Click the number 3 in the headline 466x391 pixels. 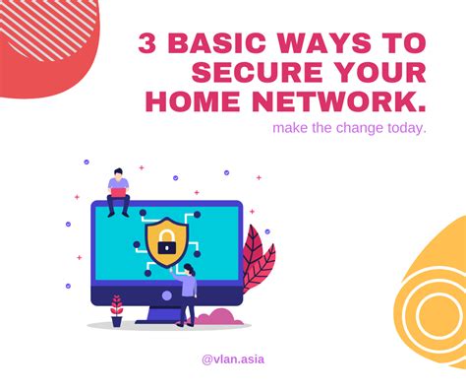pyautogui.click(x=149, y=44)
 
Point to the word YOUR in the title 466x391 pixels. pyautogui.click(x=378, y=73)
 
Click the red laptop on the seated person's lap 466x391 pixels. pyautogui.click(x=118, y=194)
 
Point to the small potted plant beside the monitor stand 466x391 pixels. pyautogui.click(x=116, y=310)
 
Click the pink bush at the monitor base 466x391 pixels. pyautogui.click(x=220, y=317)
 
